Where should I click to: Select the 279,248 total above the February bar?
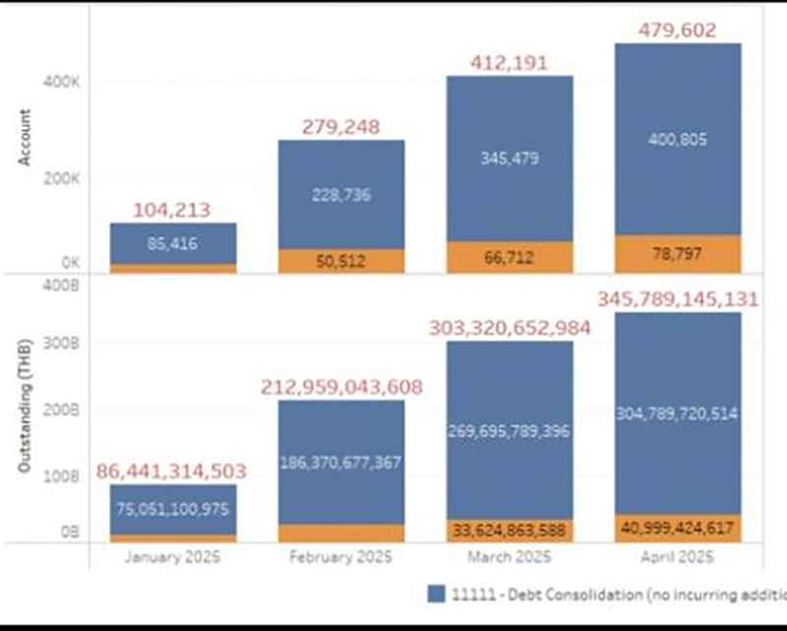coord(340,127)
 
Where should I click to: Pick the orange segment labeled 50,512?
coord(340,261)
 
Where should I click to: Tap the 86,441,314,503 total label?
coord(172,472)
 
